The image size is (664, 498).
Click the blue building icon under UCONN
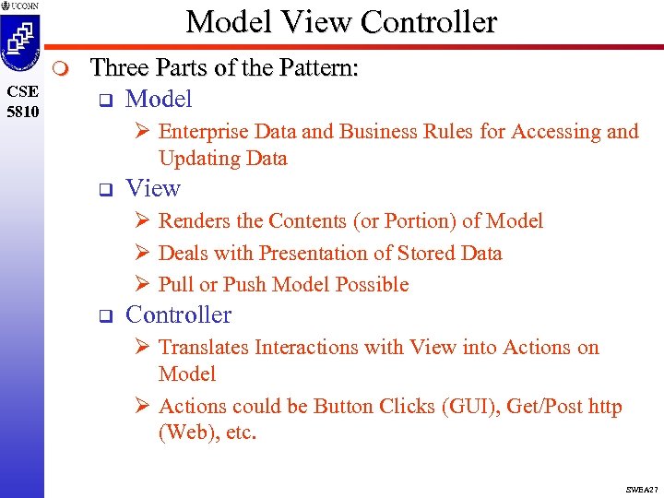[20, 42]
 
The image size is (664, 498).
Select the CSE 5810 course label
[21, 100]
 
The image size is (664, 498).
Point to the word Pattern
[323, 68]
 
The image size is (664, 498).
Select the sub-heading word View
[152, 189]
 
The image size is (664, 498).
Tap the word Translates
[204, 348]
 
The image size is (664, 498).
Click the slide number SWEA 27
[639, 489]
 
